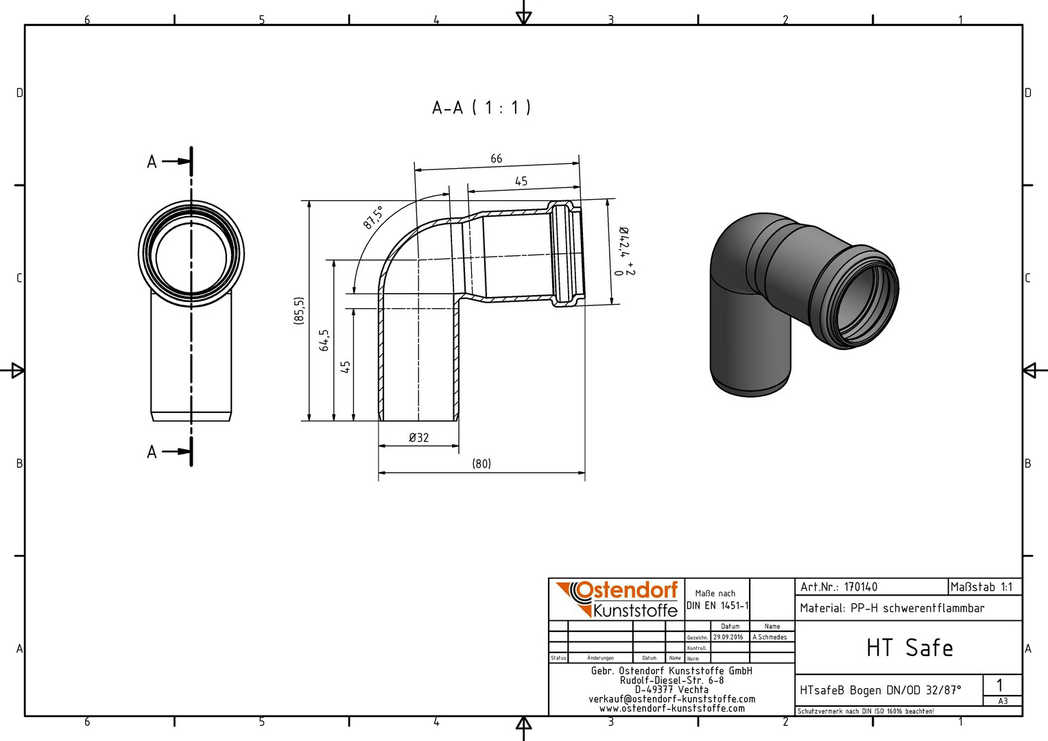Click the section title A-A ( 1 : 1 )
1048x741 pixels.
pyautogui.click(x=481, y=108)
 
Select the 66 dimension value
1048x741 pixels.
pyautogui.click(x=497, y=158)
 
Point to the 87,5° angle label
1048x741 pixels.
pyautogui.click(x=373, y=217)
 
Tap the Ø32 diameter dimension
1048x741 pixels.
pyautogui.click(x=419, y=437)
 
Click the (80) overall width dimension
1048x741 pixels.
pyautogui.click(x=481, y=463)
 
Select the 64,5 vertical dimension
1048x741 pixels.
pyautogui.click(x=324, y=340)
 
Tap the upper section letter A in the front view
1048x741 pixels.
pyautogui.click(x=152, y=162)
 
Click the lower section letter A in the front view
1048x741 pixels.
pyautogui.click(x=152, y=452)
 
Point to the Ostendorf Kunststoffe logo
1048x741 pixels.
pyautogui.click(x=617, y=599)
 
